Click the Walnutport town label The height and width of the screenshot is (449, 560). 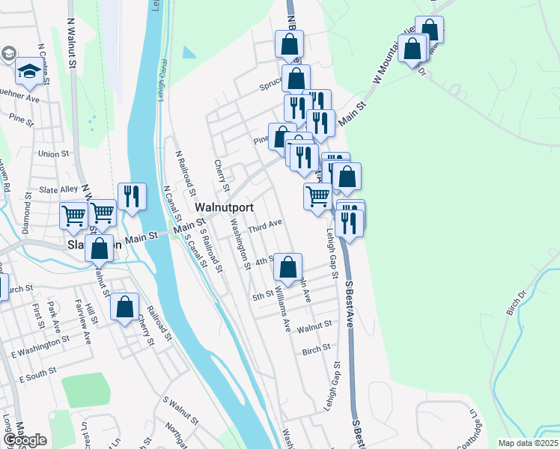coord(224,207)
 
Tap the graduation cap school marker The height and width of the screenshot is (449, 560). coord(29,72)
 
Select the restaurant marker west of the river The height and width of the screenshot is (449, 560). coord(132,197)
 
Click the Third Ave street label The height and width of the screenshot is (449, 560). coord(266,224)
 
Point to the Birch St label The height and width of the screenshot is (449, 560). coord(316,349)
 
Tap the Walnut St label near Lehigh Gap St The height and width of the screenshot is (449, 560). coord(314,326)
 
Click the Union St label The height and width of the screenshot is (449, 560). coord(53,153)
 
